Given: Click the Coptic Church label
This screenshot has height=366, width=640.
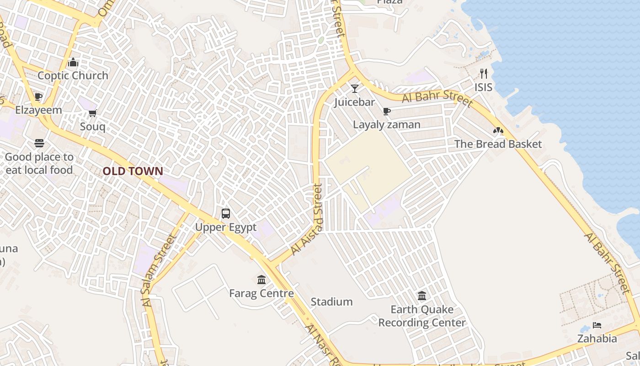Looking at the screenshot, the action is [x=73, y=75].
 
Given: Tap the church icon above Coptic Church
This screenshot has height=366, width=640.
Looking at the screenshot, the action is [x=73, y=63].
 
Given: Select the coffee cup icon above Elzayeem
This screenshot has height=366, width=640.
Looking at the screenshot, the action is [x=38, y=97].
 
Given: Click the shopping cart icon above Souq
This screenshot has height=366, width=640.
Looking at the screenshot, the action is [x=92, y=113].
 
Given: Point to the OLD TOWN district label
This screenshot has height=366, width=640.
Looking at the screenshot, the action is [x=133, y=172].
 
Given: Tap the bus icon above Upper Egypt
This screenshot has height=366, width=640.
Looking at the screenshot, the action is [x=226, y=214].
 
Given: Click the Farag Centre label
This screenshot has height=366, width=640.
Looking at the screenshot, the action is [x=261, y=293].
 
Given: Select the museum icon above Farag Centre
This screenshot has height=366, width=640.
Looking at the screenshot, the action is [x=261, y=280].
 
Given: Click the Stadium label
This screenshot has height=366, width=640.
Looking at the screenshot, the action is [x=332, y=302].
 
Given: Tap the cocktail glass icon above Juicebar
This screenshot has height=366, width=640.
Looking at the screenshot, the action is [x=355, y=89].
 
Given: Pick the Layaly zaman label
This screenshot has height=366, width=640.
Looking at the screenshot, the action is [x=387, y=124].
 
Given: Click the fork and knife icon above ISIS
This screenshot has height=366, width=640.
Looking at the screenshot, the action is [x=484, y=74].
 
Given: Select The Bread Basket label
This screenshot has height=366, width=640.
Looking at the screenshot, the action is [x=498, y=144].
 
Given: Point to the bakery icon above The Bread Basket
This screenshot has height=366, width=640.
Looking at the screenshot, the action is [x=498, y=131].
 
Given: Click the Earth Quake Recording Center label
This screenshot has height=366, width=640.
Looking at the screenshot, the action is [x=421, y=316].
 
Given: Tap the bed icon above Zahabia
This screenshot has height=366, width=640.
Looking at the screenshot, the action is [x=597, y=325].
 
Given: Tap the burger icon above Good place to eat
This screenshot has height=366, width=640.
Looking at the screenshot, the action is [x=39, y=143].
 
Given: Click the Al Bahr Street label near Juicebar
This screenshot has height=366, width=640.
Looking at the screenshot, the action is [x=437, y=99].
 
